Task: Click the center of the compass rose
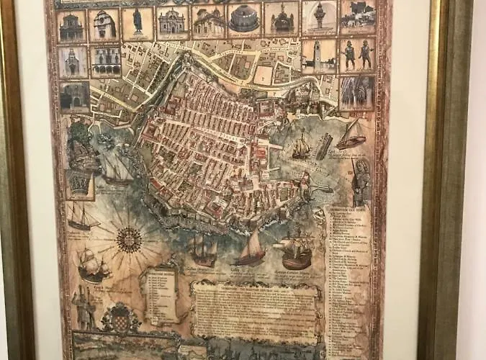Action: coord(129,240)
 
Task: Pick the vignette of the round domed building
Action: coord(244,21)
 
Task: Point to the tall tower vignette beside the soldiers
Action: coord(318,55)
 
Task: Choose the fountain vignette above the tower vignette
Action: coord(319,17)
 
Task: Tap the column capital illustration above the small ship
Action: coord(79,184)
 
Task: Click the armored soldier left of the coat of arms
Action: coord(85,307)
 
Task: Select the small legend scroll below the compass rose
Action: coord(161,296)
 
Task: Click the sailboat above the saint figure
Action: coord(351,135)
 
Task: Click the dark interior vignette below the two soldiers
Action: coord(356,93)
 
